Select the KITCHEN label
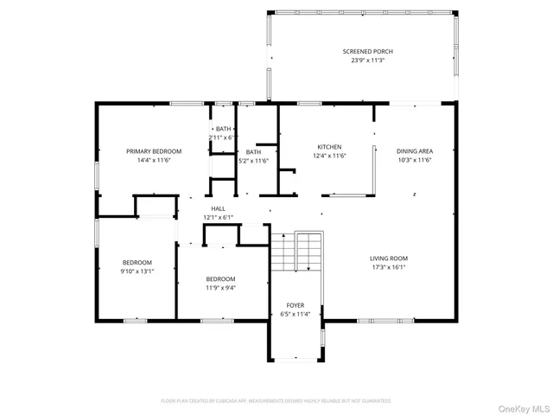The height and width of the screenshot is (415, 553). tap(329, 147)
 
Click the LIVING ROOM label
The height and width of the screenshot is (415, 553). tap(389, 259)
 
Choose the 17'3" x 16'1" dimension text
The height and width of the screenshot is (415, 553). tap(389, 267)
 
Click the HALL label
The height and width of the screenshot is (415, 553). tap(219, 208)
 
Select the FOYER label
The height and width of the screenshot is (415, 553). tap(295, 305)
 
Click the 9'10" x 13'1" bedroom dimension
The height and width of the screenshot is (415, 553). tap(137, 271)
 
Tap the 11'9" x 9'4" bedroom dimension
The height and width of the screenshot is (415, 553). tap(220, 287)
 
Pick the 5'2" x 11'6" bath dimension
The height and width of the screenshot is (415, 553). tap(253, 161)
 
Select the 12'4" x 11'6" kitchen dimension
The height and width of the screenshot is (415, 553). tap(329, 156)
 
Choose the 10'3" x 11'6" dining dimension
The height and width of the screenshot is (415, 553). tap(415, 160)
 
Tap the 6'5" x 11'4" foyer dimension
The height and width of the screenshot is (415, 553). tap(295, 314)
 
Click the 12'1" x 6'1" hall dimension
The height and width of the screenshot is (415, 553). tap(219, 217)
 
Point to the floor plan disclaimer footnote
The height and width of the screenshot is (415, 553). tap(276, 400)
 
